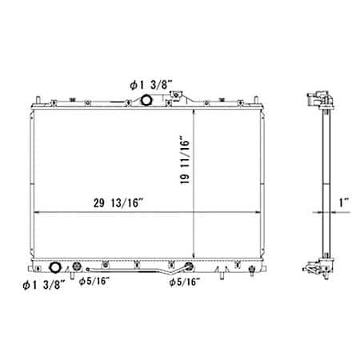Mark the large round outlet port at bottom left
click(x=56, y=269)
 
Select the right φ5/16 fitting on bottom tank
click(x=190, y=269)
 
